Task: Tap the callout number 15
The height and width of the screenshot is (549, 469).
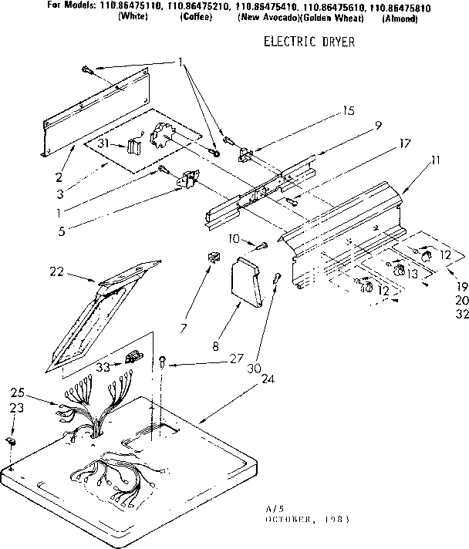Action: pyautogui.click(x=349, y=111)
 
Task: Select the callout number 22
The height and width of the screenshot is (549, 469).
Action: pyautogui.click(x=56, y=271)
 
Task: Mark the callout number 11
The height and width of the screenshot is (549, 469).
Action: pyautogui.click(x=436, y=160)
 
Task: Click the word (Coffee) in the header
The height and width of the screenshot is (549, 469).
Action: pyautogui.click(x=196, y=18)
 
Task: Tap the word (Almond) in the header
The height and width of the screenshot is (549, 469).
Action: pyautogui.click(x=400, y=18)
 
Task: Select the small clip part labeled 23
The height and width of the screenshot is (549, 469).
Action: pyautogui.click(x=11, y=440)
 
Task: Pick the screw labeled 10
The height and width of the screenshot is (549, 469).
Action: pyautogui.click(x=261, y=245)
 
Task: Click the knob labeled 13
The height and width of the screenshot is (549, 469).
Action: pyautogui.click(x=399, y=270)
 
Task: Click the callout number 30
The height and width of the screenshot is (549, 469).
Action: pyautogui.click(x=251, y=369)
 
